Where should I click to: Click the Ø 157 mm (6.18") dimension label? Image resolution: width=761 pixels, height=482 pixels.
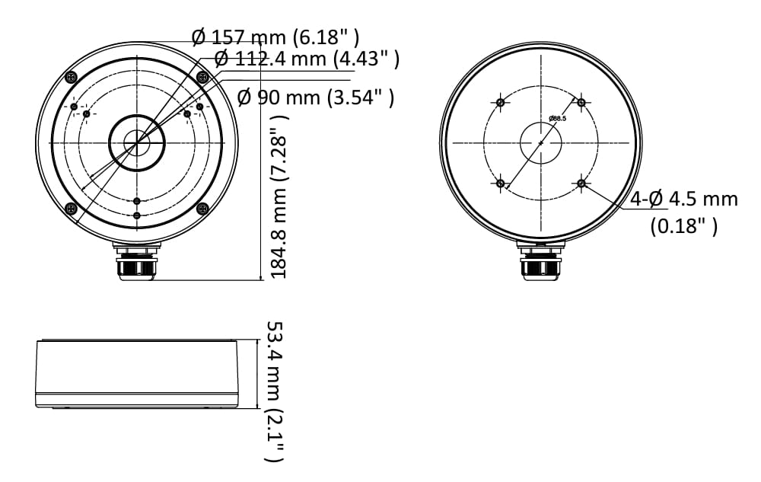click(275, 37)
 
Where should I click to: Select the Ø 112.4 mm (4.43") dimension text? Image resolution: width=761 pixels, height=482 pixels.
click(307, 59)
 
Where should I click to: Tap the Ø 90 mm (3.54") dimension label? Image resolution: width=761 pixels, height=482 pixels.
click(316, 97)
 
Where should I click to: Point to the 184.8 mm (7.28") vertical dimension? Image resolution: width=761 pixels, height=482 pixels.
click(279, 196)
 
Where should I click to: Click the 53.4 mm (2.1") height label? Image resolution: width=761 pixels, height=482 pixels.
click(275, 391)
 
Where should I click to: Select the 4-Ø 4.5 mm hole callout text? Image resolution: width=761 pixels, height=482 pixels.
click(684, 199)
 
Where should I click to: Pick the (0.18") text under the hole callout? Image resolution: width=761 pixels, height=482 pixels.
click(684, 225)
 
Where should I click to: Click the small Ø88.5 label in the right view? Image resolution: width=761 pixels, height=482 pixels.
click(557, 118)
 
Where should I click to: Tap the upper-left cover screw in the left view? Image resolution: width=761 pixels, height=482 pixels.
click(72, 77)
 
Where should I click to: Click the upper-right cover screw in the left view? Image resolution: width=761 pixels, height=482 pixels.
click(202, 77)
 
